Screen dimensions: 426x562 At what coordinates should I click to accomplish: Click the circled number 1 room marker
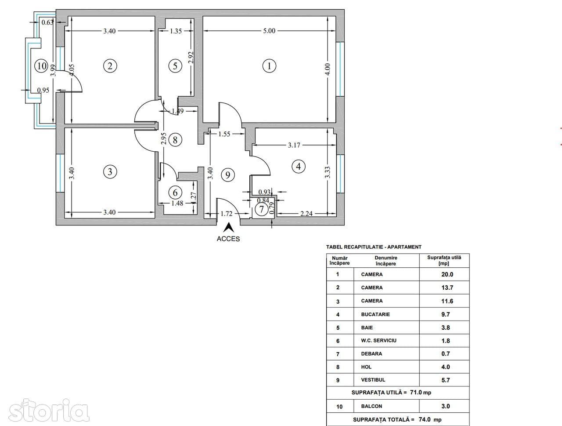[x=269, y=66]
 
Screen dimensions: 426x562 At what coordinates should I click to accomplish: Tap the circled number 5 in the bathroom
[x=175, y=66]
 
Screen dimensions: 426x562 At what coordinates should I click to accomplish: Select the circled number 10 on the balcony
[x=42, y=66]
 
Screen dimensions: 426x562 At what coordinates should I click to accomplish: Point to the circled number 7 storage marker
[x=262, y=210]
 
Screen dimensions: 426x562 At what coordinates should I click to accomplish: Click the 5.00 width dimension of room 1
[x=269, y=31]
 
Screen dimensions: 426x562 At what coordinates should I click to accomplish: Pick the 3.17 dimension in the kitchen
[x=294, y=145]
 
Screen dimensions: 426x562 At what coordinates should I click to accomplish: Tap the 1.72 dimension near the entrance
[x=226, y=214]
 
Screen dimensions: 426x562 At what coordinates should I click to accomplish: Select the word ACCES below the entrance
[x=228, y=239]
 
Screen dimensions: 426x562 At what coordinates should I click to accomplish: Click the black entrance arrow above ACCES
[x=228, y=228]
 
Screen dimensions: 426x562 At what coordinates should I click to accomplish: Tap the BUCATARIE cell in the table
[x=375, y=314]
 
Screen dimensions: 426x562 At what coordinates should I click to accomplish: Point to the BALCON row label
[x=371, y=407]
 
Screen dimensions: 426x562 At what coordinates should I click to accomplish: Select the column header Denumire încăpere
[x=385, y=261]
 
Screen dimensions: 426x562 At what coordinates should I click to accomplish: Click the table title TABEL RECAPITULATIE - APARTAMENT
[x=374, y=247]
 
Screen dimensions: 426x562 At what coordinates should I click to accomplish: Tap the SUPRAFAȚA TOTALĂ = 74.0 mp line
[x=397, y=420]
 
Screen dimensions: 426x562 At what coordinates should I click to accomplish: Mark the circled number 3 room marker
[x=110, y=171]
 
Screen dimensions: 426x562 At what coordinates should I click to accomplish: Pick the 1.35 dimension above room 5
[x=176, y=31]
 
